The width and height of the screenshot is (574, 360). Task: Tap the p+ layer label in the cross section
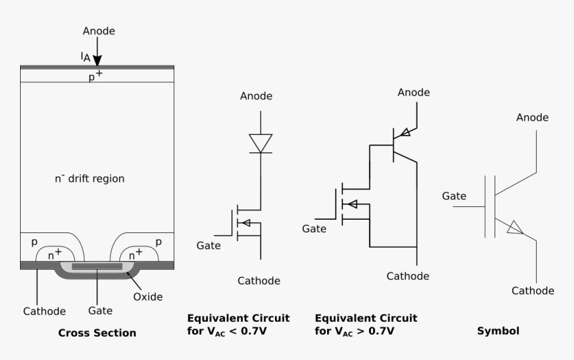(95, 75)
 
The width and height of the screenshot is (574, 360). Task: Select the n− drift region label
(89, 179)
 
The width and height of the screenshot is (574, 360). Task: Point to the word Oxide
(148, 296)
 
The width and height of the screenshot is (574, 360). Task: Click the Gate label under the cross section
(100, 311)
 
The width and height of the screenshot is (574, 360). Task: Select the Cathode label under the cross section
(44, 311)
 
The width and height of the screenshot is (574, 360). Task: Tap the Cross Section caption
(97, 333)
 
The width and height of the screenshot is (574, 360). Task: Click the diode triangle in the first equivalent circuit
(260, 142)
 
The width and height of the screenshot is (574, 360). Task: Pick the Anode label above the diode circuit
(256, 96)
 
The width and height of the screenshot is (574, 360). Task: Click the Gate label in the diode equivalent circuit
(208, 246)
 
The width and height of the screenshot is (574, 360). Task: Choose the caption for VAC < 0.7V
(238, 325)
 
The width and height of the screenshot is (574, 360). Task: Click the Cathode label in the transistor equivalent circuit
(408, 275)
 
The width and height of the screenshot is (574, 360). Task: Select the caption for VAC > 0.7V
(366, 325)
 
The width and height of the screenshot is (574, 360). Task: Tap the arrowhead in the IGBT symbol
(513, 228)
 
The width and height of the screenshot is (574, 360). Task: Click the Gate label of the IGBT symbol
(454, 196)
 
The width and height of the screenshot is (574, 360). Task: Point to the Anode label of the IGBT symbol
(532, 118)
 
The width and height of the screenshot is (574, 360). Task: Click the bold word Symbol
(498, 331)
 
